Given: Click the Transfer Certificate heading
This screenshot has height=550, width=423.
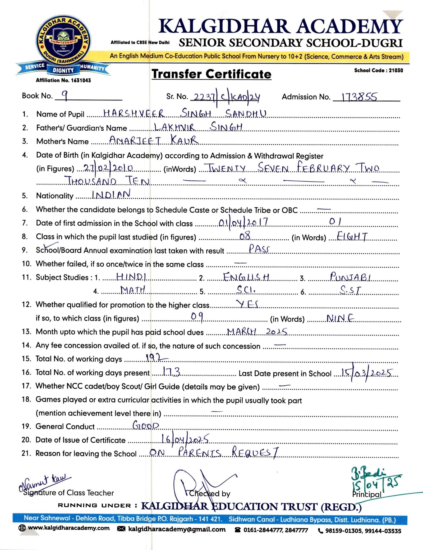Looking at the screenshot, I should [x=211, y=74].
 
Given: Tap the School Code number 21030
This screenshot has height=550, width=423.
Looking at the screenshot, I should [x=396, y=70].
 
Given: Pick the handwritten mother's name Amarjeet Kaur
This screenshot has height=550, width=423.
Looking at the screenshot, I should [x=153, y=140].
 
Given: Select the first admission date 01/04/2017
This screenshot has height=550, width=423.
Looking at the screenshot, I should [x=243, y=222].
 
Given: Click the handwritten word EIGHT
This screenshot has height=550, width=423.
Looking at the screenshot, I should [x=352, y=236].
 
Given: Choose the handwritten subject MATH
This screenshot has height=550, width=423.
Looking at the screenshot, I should [x=133, y=290].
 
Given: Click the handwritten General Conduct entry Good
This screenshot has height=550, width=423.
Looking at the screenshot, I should [x=146, y=425].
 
